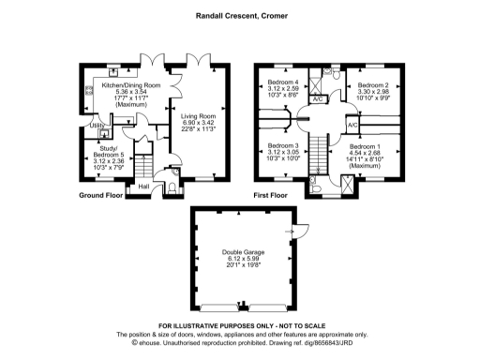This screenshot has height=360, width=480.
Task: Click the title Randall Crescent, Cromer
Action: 239,15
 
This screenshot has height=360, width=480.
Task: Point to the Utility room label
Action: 96,126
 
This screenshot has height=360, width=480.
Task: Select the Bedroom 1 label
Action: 367,147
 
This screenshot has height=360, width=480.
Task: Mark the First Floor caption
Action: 271,196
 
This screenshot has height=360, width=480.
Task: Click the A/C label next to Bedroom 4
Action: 317,98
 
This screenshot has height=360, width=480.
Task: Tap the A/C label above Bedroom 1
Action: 352,124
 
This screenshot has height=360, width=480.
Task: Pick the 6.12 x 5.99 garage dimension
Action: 244,257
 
